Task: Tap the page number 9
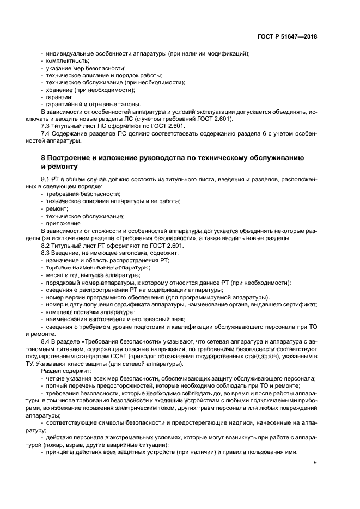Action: (315, 463)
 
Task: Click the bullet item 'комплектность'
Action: (68, 61)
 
